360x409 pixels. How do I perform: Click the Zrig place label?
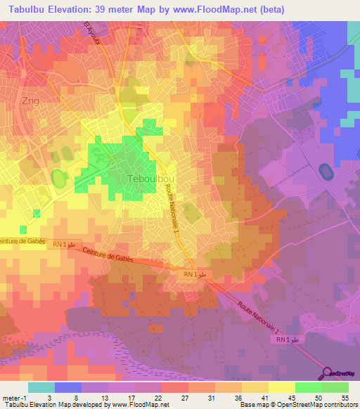pyautogui.click(x=31, y=100)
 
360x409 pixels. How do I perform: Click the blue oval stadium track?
pyautogui.click(x=326, y=171)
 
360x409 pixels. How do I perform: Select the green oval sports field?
pyautogui.click(x=60, y=179)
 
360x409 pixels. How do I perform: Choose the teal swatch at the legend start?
pyautogui.click(x=41, y=387)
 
